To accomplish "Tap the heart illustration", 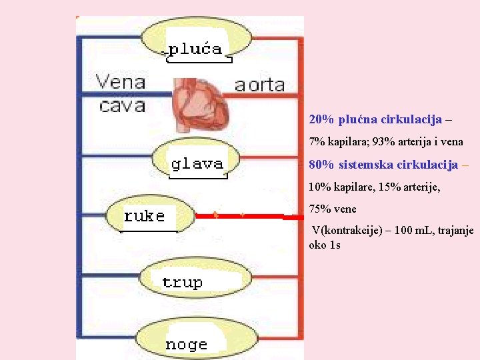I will (201, 104).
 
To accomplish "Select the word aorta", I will (259, 85).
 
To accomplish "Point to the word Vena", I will (121, 82).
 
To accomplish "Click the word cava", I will (122, 105).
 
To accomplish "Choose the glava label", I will (197, 163).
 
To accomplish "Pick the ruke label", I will (144, 216).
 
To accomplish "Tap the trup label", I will (182, 282).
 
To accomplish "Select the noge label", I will (186, 345).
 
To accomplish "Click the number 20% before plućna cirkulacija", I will (321, 120).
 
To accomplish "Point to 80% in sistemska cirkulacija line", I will (321, 165).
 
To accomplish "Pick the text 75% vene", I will (333, 209).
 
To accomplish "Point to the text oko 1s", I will (325, 245).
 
